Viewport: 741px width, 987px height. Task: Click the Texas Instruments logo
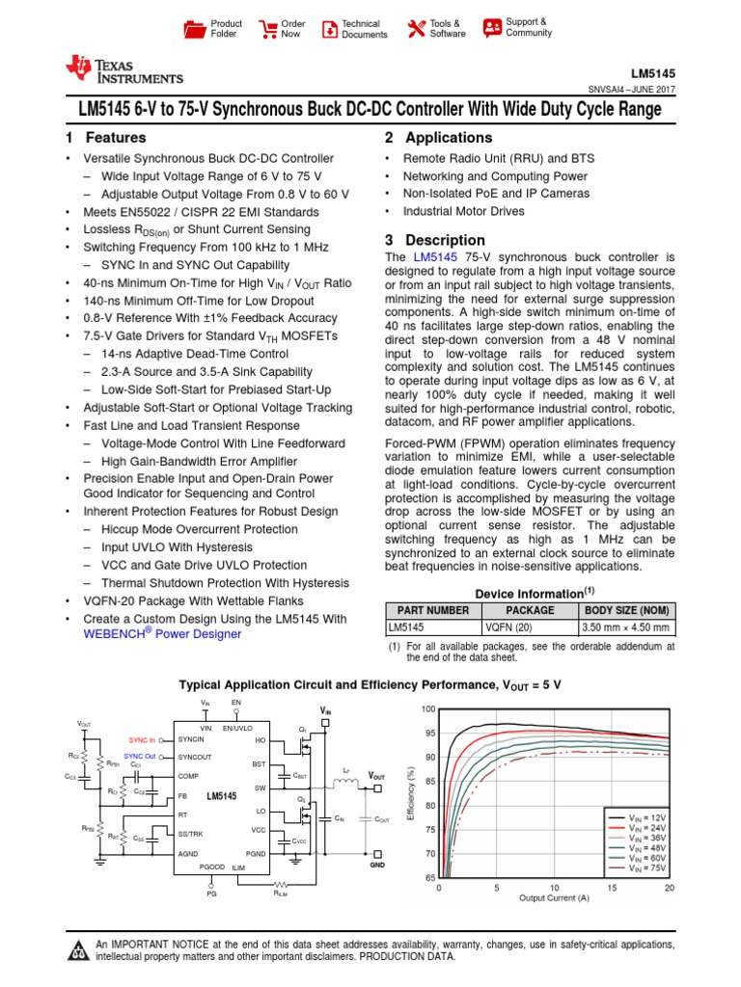click(123, 69)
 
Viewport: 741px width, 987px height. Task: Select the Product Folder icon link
click(195, 29)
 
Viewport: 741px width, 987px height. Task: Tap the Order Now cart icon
click(265, 29)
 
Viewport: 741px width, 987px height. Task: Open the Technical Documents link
click(329, 29)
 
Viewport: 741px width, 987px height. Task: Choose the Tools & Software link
click(416, 29)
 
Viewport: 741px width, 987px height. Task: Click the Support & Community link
click(492, 27)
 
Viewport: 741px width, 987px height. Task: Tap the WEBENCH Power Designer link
click(163, 635)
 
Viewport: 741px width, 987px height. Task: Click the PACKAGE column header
click(530, 610)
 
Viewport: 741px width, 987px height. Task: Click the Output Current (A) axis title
click(554, 898)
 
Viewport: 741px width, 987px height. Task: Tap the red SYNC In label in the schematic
click(141, 739)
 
